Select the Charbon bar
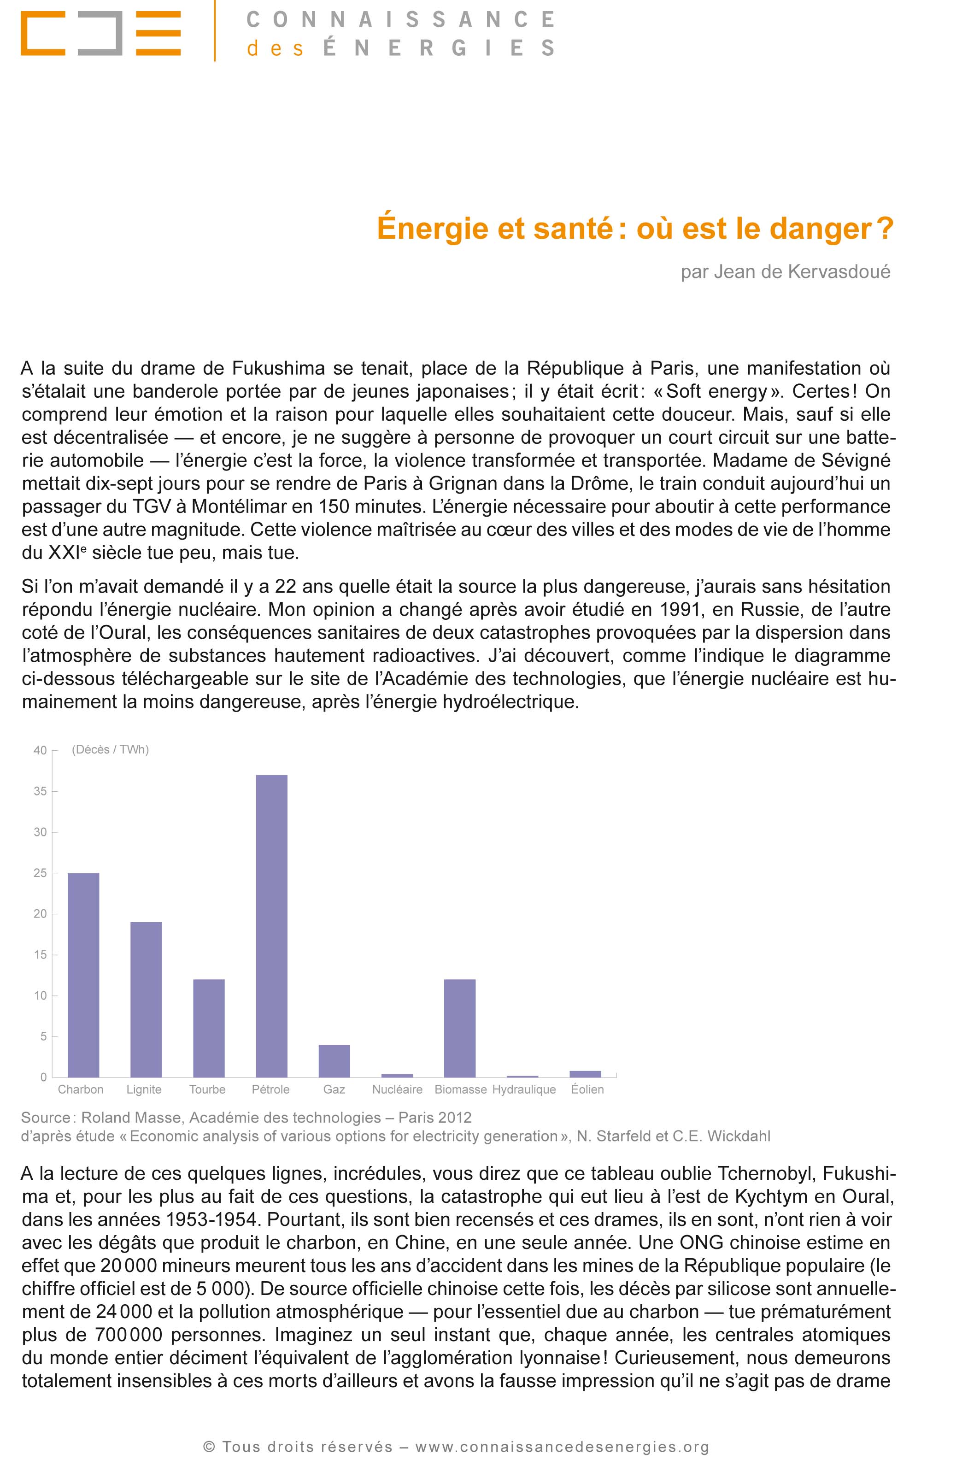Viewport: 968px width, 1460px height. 83,975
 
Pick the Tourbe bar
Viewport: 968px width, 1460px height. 209,1028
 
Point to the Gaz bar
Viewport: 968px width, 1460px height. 334,1060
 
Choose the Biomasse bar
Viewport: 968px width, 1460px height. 459,1028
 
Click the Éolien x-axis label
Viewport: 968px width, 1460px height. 587,1089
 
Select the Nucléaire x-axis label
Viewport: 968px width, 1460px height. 397,1089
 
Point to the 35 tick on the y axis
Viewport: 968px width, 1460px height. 40,791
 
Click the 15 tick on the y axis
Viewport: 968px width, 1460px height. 40,955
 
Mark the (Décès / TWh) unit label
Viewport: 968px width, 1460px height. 111,749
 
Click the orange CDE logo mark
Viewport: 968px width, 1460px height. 100,33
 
